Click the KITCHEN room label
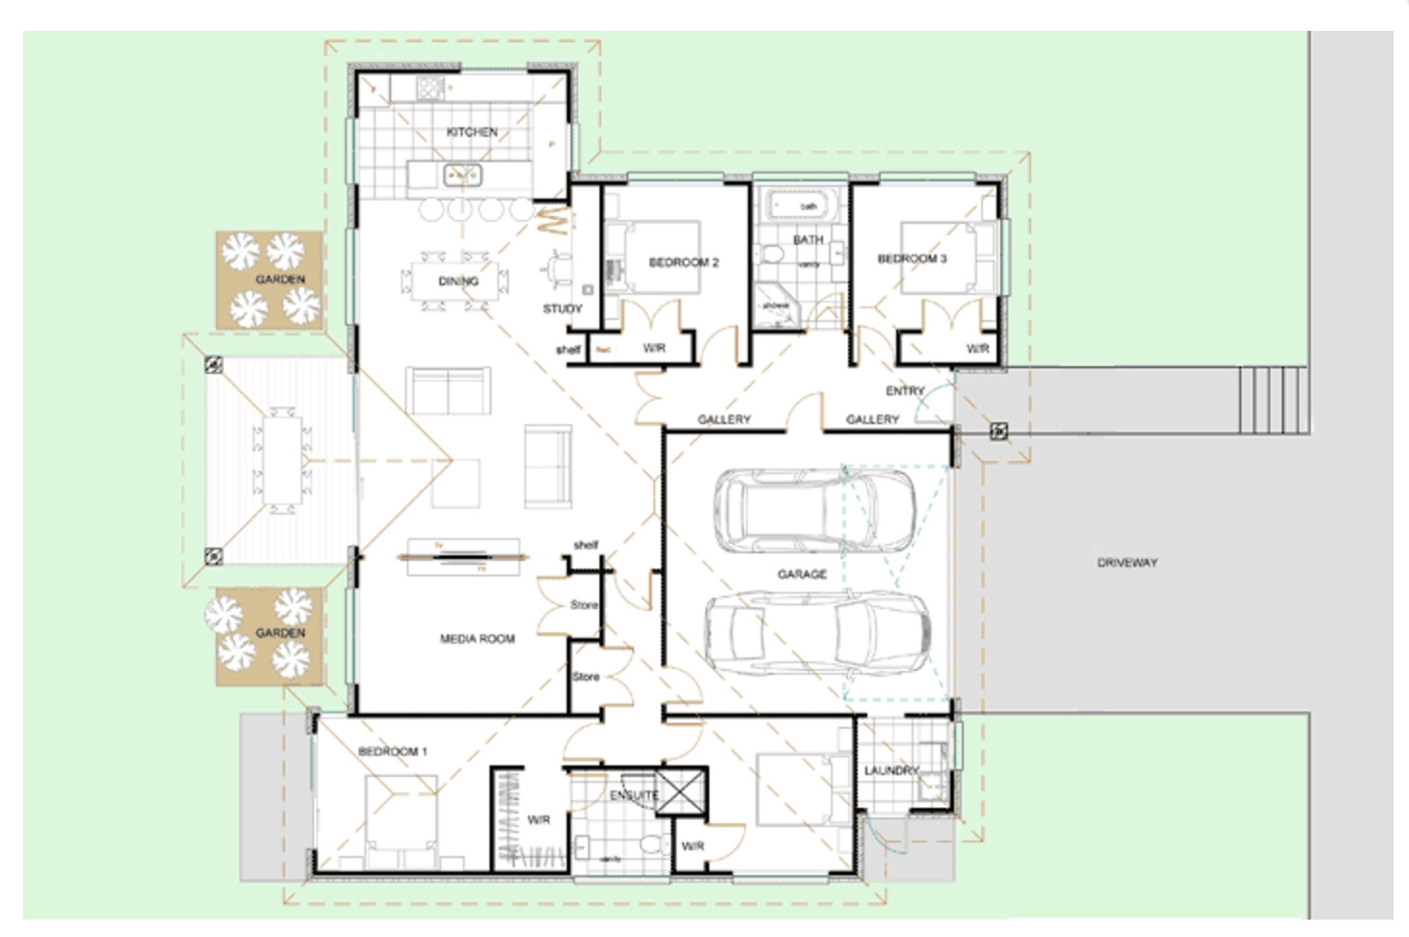point(471,132)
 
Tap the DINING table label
point(458,281)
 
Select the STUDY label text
point(562,309)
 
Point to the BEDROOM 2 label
point(683,262)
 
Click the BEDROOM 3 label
point(912,258)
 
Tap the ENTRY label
point(904,390)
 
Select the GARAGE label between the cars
point(802,574)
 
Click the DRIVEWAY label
point(1127,562)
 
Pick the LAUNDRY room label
point(891,770)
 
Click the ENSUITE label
point(633,795)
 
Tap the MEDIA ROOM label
point(477,638)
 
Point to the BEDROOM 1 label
point(392,751)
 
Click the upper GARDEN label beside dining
point(280,280)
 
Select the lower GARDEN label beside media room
point(280,632)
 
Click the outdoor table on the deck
point(282,461)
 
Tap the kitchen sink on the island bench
point(462,175)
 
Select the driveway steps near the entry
point(1272,400)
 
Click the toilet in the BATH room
point(772,254)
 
